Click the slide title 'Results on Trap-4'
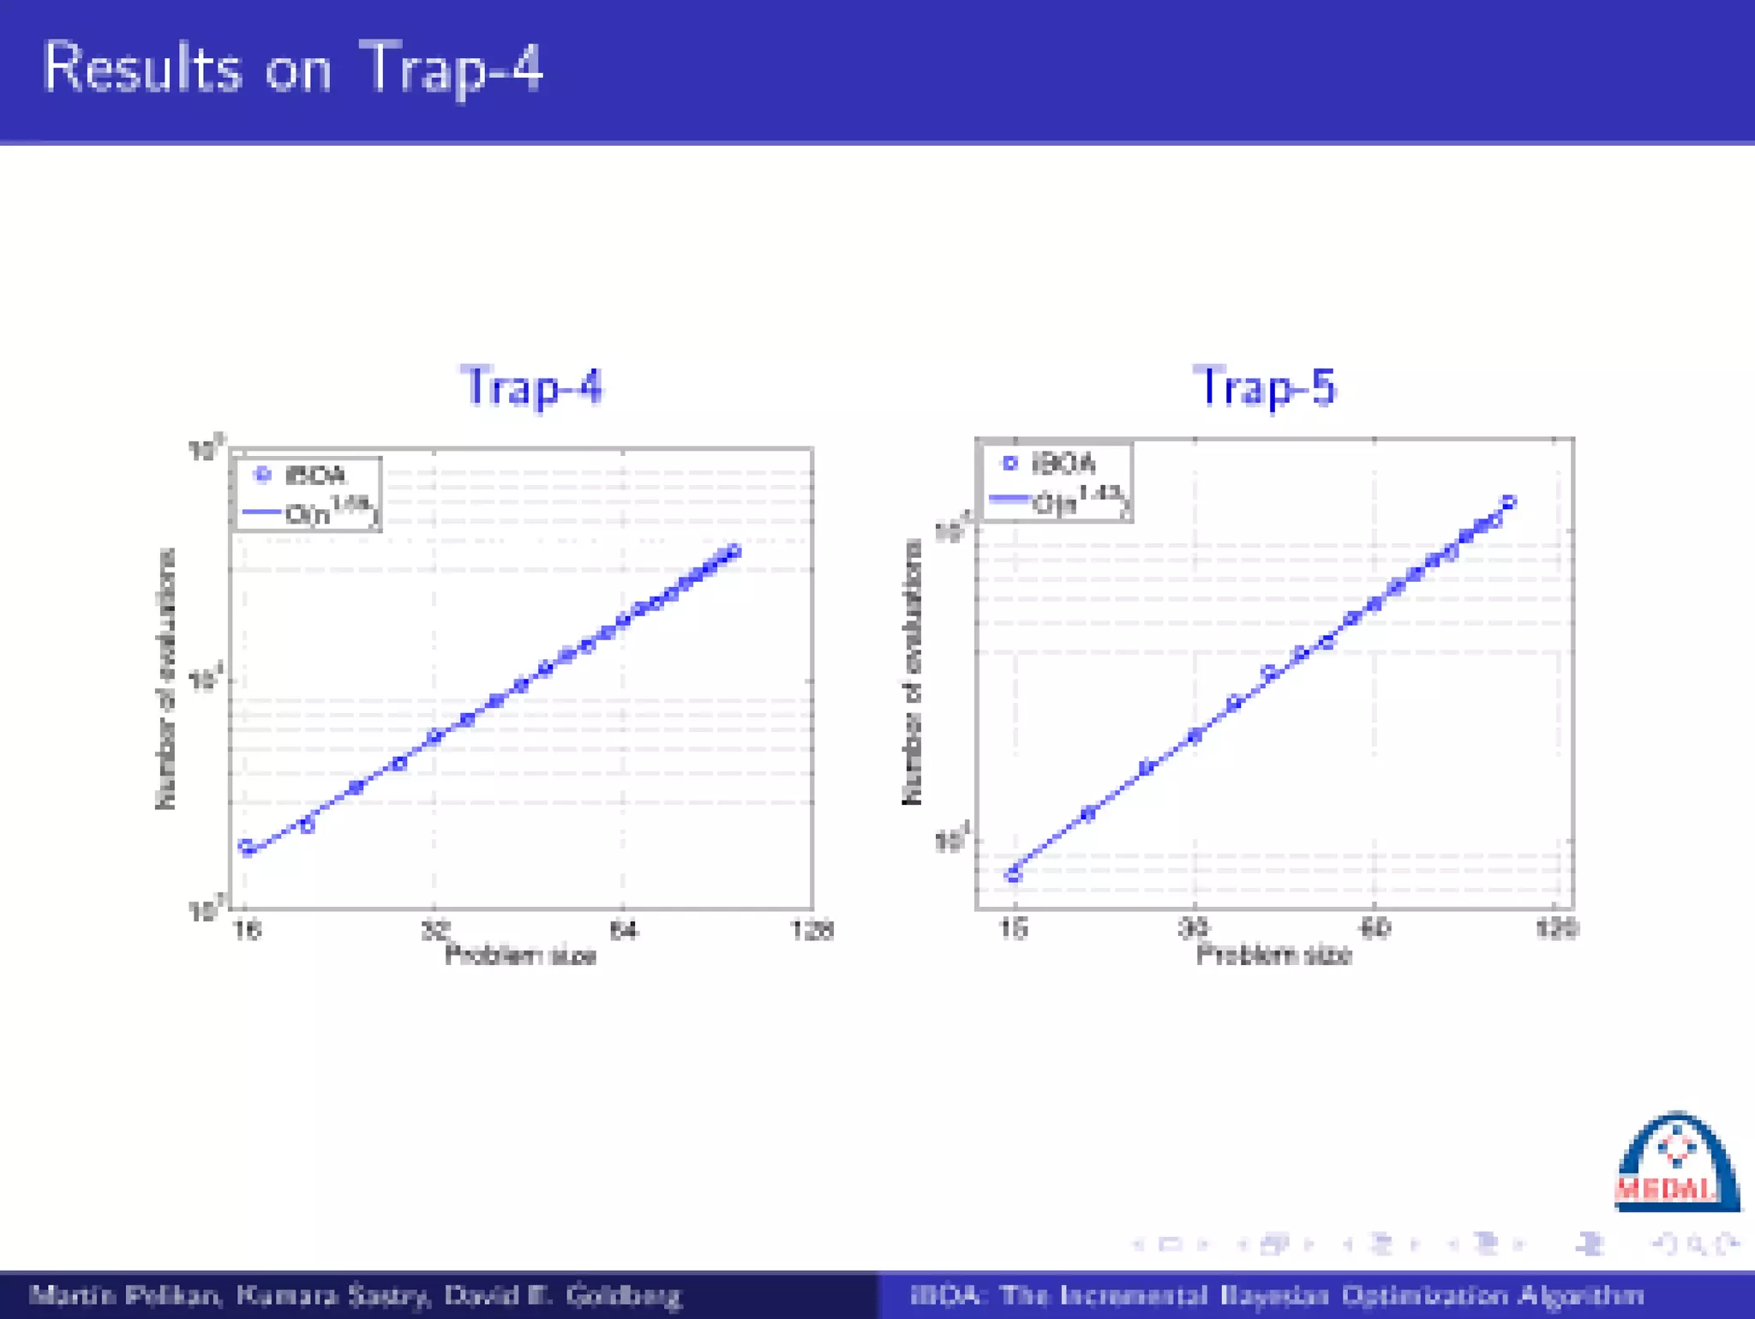point(292,68)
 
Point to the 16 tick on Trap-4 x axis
point(247,930)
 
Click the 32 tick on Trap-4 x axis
point(435,929)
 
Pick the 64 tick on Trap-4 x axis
point(623,930)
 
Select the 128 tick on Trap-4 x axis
point(812,930)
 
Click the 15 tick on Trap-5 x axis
point(1014,927)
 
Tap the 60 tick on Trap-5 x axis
point(1375,927)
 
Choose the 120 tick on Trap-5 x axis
point(1555,927)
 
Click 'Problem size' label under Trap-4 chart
point(520,955)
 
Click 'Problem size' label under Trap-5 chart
point(1273,954)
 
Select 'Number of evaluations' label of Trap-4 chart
point(166,678)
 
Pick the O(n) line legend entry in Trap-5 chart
point(1058,501)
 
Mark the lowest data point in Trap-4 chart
point(247,847)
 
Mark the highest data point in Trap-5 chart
point(1509,502)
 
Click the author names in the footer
point(356,1295)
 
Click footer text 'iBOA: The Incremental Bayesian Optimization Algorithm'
point(1276,1295)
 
